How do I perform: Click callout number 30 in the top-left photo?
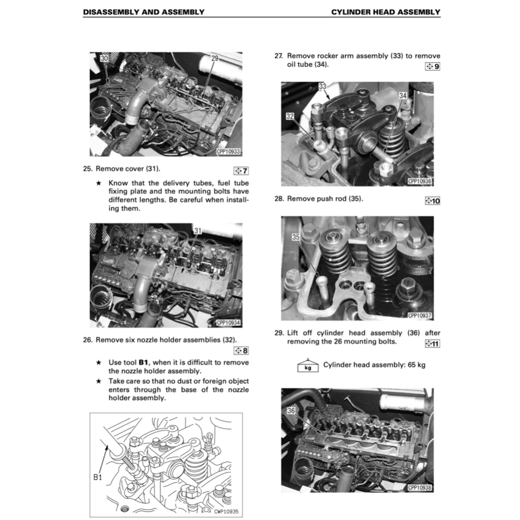point(104,58)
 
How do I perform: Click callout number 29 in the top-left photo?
point(214,58)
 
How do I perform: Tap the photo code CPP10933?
point(228,151)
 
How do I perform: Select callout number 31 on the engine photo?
point(198,231)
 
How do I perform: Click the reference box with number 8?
point(241,350)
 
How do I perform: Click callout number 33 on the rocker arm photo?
point(322,86)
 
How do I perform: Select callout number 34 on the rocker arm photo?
point(403,95)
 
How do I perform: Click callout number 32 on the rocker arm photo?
point(290,116)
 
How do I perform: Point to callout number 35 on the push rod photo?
point(297,237)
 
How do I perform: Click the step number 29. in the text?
point(279,333)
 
